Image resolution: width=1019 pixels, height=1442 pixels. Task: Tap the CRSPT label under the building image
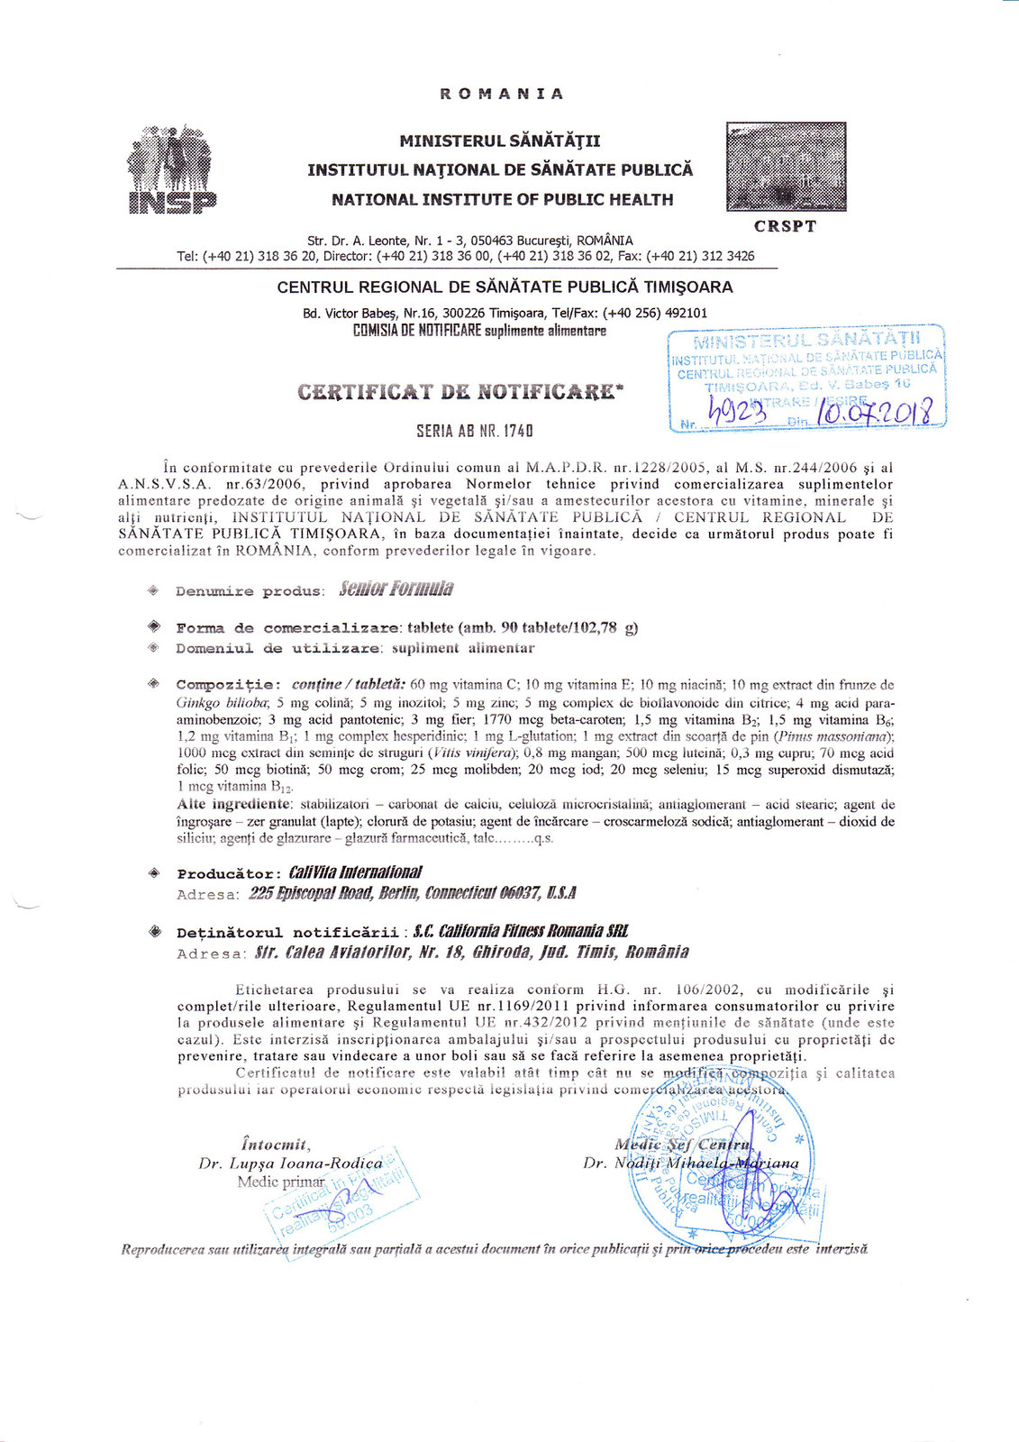click(x=785, y=226)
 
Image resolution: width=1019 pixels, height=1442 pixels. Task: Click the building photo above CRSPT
click(x=785, y=167)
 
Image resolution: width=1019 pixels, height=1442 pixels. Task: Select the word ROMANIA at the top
click(x=501, y=94)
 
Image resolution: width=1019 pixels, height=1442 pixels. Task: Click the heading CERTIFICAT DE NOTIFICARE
click(x=460, y=391)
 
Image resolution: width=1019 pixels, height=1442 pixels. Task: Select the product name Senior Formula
click(x=396, y=589)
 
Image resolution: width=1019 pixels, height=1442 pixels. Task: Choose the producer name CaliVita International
click(x=355, y=872)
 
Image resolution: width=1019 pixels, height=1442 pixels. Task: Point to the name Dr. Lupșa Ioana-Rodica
click(x=290, y=1164)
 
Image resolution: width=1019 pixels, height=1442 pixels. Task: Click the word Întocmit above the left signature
click(x=275, y=1145)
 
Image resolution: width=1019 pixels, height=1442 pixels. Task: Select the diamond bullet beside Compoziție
click(x=154, y=684)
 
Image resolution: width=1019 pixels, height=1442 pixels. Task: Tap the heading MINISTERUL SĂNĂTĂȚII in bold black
click(x=500, y=141)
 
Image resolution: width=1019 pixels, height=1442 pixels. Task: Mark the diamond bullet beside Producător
click(x=154, y=873)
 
